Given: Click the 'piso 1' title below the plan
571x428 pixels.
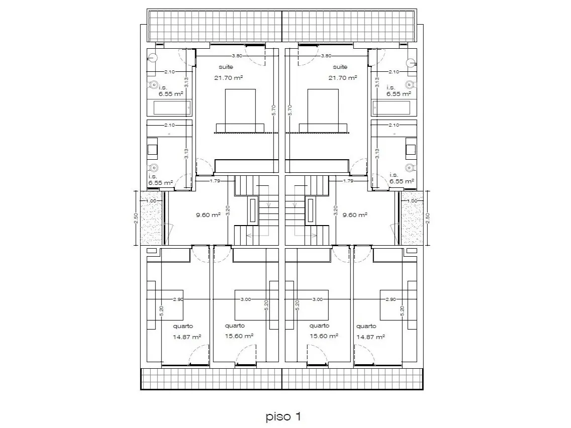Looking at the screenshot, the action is click(283, 416).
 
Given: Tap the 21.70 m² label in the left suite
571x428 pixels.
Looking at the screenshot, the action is click(228, 77).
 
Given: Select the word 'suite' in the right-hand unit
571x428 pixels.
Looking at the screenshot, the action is click(340, 67).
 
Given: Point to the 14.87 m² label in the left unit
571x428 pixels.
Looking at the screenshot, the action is click(187, 337).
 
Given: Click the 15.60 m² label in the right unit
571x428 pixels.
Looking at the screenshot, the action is click(324, 336).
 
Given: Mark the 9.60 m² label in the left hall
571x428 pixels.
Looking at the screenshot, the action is click(208, 215).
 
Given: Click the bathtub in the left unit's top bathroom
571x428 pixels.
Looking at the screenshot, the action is click(172, 108).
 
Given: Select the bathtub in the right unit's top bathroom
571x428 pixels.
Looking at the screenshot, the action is click(392, 108).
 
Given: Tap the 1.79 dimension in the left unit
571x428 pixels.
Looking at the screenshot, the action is click(215, 180).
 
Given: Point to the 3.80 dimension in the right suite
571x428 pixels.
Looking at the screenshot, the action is click(326, 56).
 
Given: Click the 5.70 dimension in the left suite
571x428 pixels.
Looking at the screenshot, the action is click(274, 111).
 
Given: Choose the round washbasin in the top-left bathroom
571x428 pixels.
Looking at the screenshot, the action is click(153, 58).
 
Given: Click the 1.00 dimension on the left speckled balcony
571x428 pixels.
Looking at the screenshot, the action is click(151, 201).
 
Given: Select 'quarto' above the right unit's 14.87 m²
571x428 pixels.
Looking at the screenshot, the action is click(366, 327).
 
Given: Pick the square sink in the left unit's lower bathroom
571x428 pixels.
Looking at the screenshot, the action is click(153, 149).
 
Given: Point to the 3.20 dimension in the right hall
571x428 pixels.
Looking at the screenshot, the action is click(335, 211).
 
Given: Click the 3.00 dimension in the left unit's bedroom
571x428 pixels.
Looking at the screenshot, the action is click(246, 299).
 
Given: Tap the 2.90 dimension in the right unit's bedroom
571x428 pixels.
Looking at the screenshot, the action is click(391, 299).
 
